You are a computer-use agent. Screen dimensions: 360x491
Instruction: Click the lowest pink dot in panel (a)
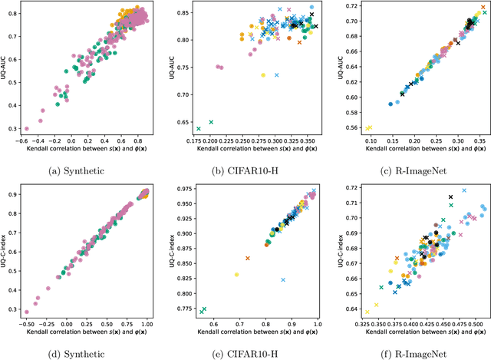26,129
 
